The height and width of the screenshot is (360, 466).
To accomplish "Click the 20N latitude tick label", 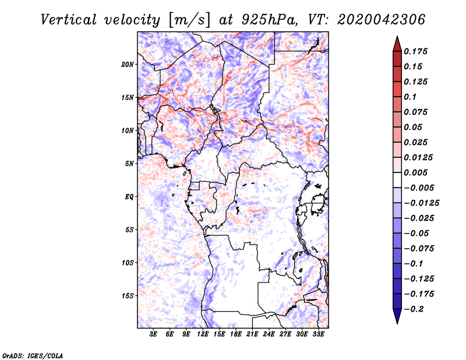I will click(128, 64).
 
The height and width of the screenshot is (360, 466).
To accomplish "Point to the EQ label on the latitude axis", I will click(129, 197).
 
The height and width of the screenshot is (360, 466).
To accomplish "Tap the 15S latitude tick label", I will click(128, 296).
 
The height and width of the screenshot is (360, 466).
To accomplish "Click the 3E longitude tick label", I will click(153, 335).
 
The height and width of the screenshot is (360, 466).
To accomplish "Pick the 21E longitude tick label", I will click(253, 335).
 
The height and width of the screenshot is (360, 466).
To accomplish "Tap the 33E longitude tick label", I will click(319, 335).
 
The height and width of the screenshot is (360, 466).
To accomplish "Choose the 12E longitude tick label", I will click(203, 335).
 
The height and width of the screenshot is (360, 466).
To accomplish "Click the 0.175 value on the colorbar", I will click(416, 51).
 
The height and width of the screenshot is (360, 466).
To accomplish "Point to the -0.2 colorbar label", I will click(415, 309).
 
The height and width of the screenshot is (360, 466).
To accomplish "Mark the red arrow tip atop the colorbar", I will click(397, 41).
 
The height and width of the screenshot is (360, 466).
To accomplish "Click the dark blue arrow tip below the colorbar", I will click(397, 319).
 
